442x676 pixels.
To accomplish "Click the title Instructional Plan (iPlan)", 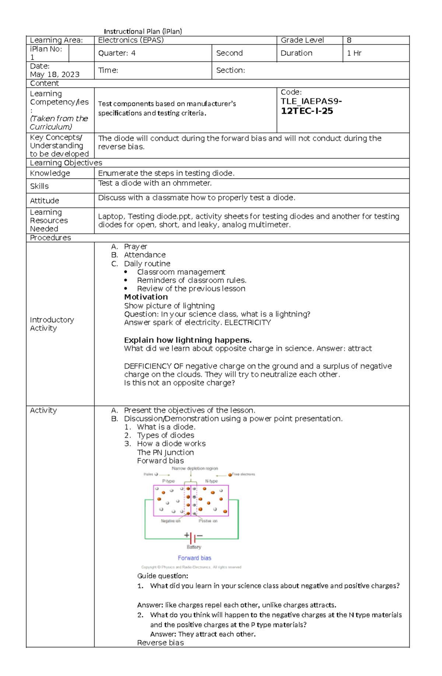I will tap(143, 31).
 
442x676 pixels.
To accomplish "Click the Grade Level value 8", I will tap(349, 40).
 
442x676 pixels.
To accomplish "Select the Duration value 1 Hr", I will tap(354, 53).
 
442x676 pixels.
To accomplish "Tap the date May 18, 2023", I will tap(55, 74).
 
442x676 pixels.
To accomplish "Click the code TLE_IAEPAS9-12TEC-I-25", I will tap(311, 106).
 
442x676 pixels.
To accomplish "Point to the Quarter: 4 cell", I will tap(117, 53).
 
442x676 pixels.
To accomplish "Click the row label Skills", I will tap(39, 186).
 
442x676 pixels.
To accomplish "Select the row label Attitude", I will tap(45, 201).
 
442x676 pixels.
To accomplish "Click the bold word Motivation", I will tap(146, 297).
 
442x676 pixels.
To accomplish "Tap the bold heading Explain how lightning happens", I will tap(188, 340).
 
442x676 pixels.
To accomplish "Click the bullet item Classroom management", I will tap(181, 272).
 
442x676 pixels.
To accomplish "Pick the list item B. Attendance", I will tap(144, 255).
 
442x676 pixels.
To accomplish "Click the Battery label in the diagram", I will tap(194, 547).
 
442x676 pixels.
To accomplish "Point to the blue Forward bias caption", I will tap(194, 558).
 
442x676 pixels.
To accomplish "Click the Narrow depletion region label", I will tap(195, 469).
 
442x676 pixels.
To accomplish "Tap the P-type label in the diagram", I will tap(168, 481).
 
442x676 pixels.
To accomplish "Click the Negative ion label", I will tap(171, 521).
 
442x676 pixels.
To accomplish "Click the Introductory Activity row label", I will tap(52, 324).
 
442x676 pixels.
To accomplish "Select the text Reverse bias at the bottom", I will tap(160, 643).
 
